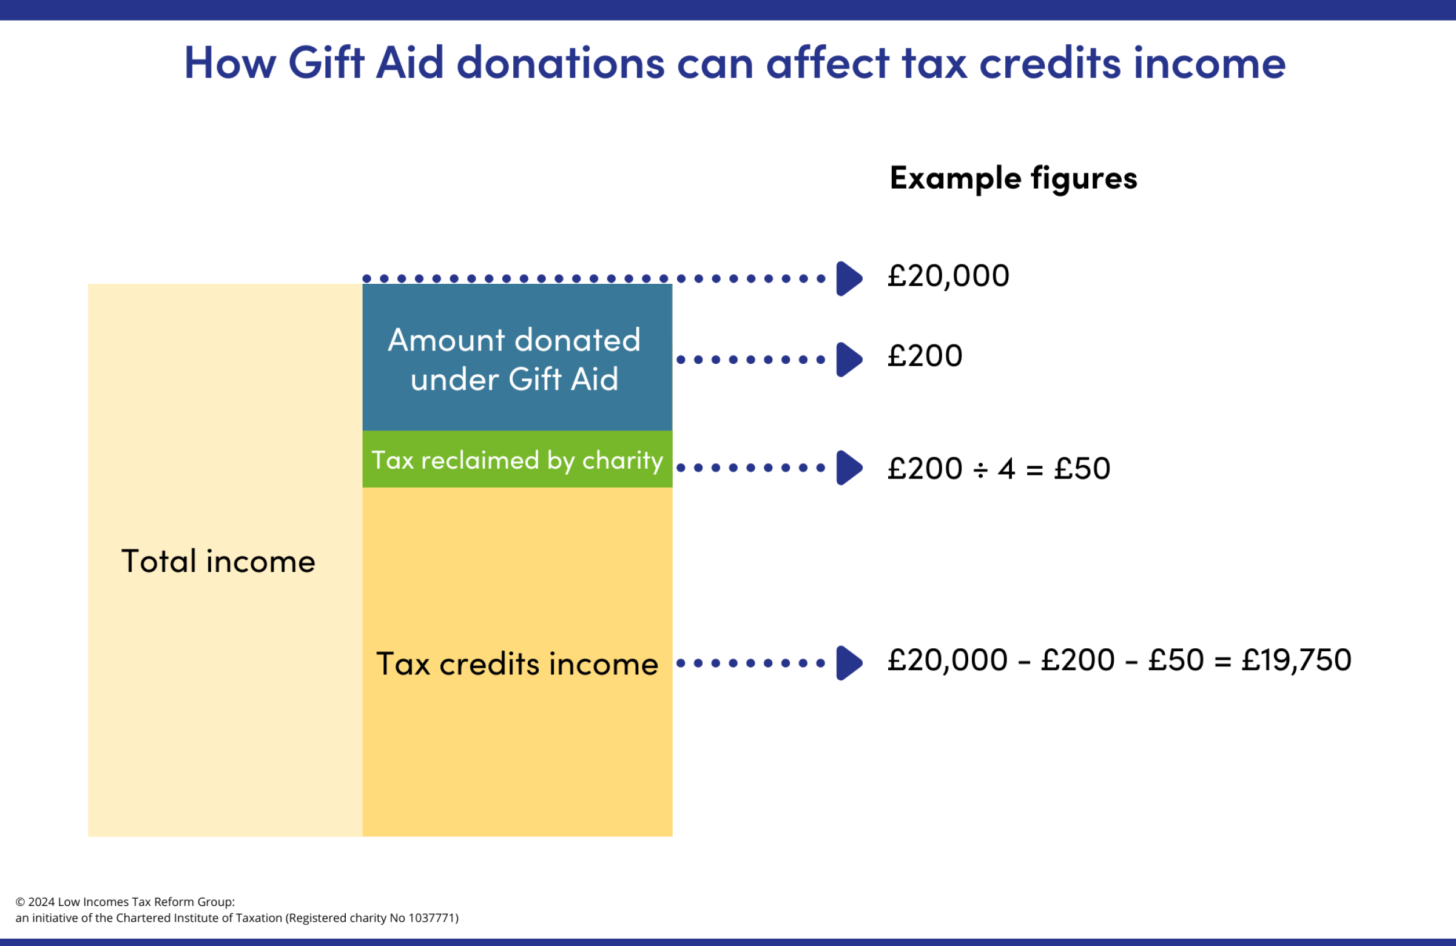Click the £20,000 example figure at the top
(x=948, y=277)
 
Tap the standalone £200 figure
(x=925, y=357)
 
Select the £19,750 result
(x=1296, y=660)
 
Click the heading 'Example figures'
(x=1013, y=178)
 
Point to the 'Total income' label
(x=218, y=562)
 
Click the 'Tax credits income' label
(x=517, y=664)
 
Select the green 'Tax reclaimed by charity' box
(x=517, y=460)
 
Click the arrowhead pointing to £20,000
(x=849, y=279)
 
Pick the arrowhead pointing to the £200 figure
(x=849, y=360)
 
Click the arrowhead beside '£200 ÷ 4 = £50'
(x=849, y=468)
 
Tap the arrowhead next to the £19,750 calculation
(x=849, y=663)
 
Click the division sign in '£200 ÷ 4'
(x=980, y=470)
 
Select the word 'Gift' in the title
(x=326, y=63)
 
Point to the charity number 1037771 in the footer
(x=431, y=918)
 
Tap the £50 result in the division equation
(x=1082, y=469)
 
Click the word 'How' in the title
(x=230, y=63)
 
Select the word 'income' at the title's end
(x=1210, y=63)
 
